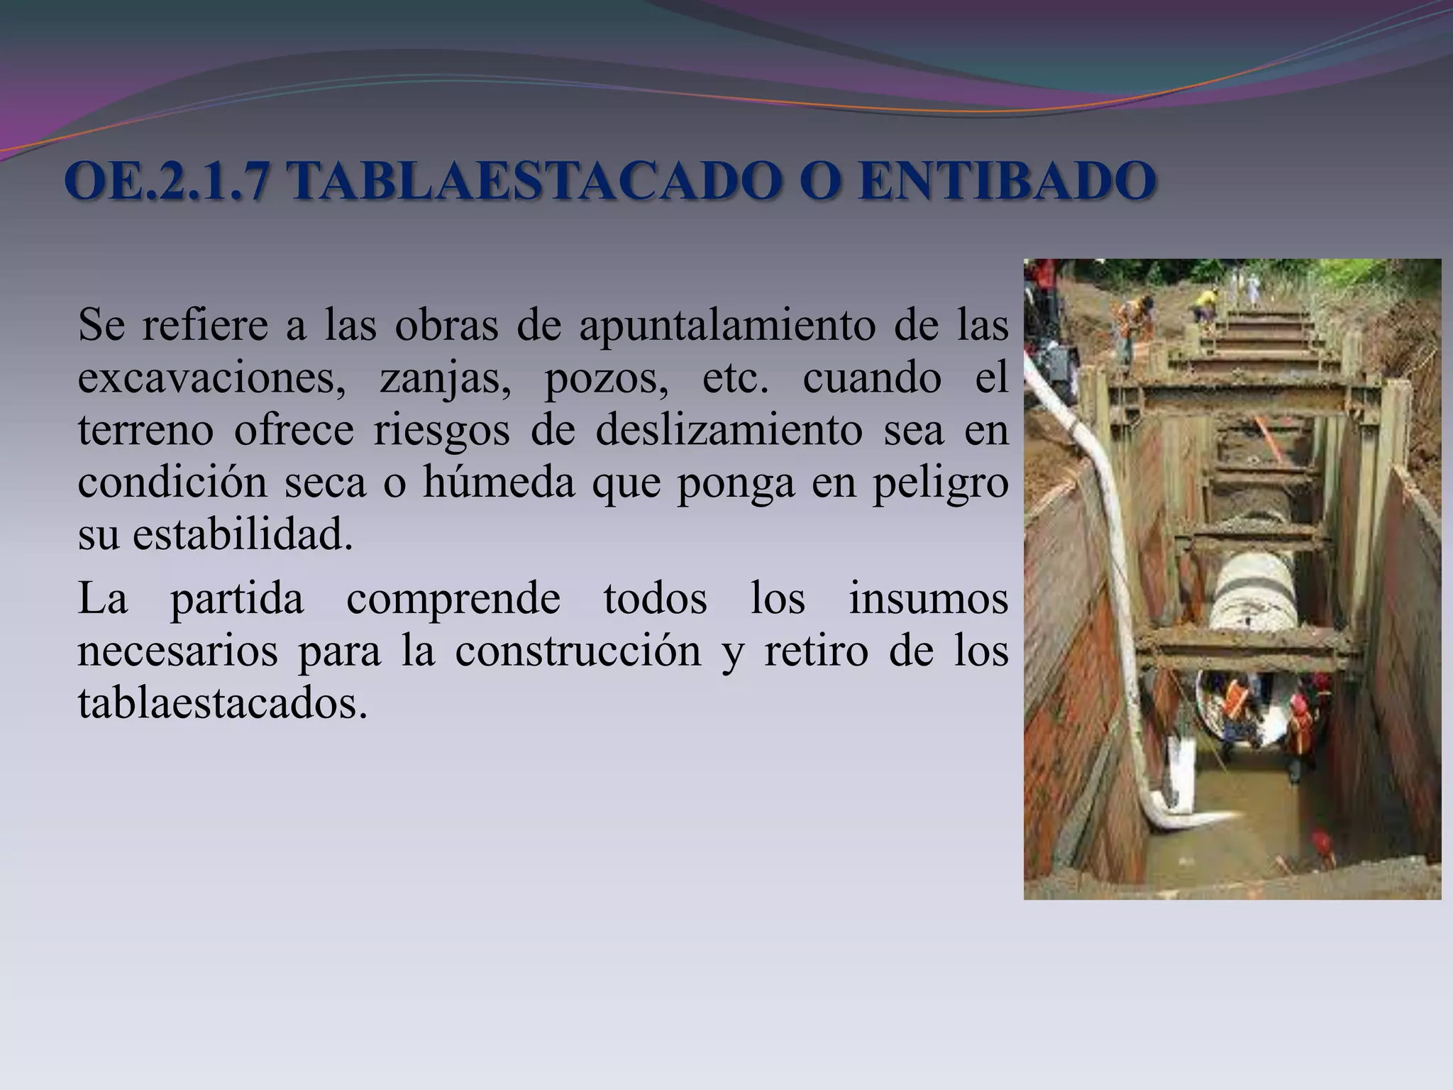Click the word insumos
pyautogui.click(x=928, y=598)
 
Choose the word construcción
pyautogui.click(x=578, y=651)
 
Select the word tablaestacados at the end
pyautogui.click(x=223, y=703)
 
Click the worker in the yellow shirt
pyautogui.click(x=1204, y=305)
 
